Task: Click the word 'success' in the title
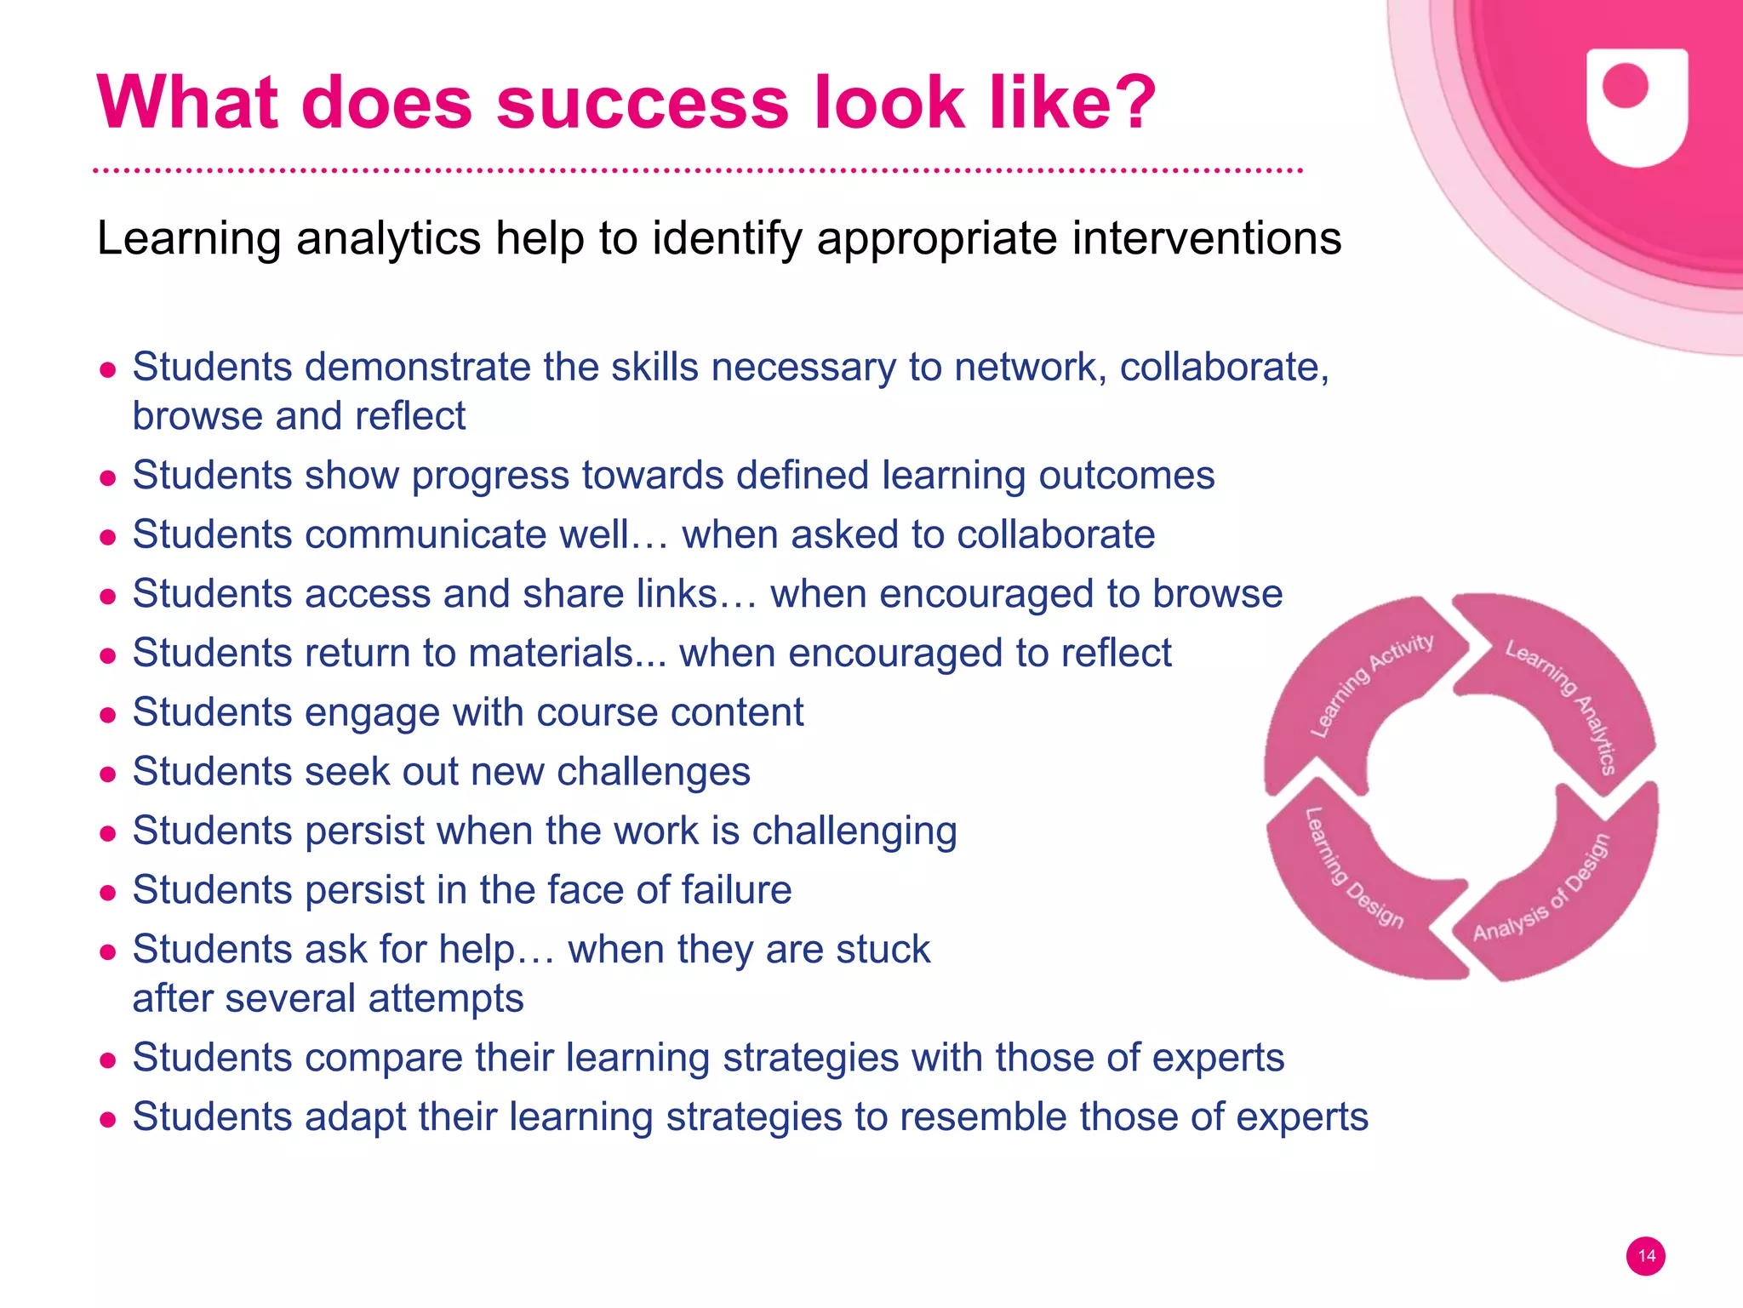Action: pyautogui.click(x=643, y=104)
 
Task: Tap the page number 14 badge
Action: pyautogui.click(x=1645, y=1256)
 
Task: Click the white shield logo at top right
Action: pyautogui.click(x=1637, y=106)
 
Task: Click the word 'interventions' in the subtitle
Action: pyautogui.click(x=1207, y=238)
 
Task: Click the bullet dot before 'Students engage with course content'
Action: pyautogui.click(x=107, y=715)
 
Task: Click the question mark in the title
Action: pyautogui.click(x=1129, y=104)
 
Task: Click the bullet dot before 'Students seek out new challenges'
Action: pyautogui.click(x=107, y=774)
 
